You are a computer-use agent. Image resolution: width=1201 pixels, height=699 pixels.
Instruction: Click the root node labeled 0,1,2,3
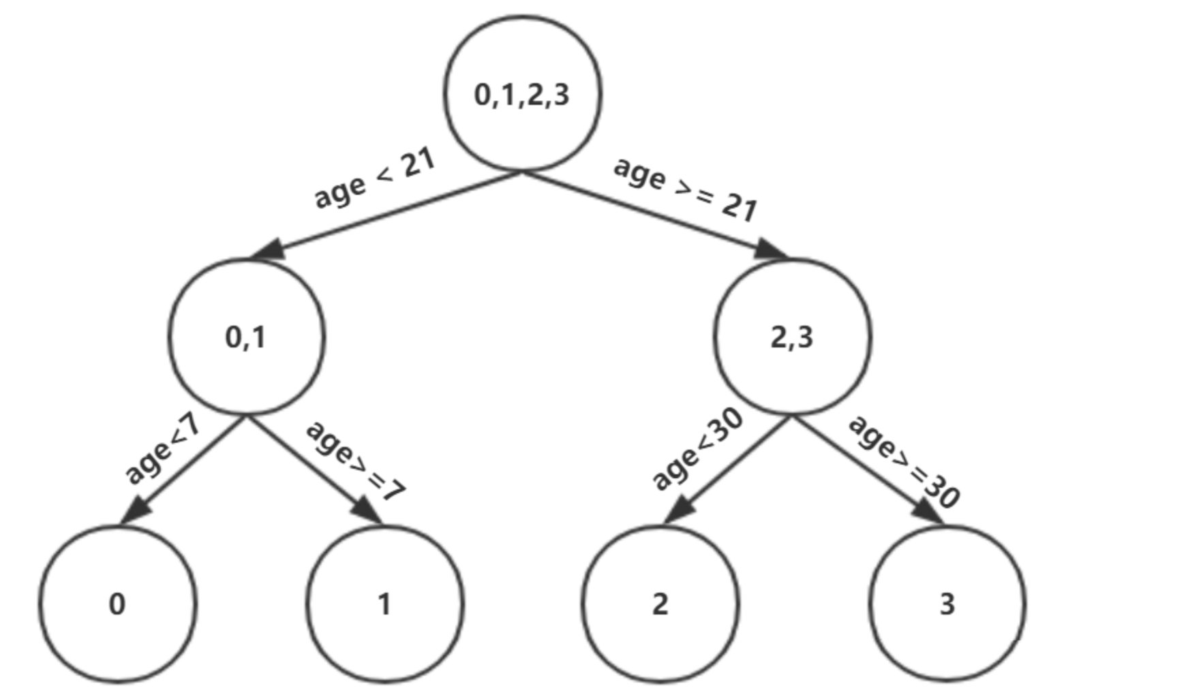[x=523, y=93]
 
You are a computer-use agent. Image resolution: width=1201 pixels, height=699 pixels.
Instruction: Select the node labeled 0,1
[x=247, y=337]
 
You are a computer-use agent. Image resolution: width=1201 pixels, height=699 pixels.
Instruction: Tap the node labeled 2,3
[x=792, y=337]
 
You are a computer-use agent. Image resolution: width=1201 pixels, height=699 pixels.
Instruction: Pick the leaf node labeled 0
[x=117, y=604]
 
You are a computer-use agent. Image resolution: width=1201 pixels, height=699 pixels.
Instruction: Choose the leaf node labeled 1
[x=385, y=604]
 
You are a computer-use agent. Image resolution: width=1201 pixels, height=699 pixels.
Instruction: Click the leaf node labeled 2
[x=660, y=604]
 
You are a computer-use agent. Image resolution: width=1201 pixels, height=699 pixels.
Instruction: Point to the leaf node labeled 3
[x=947, y=604]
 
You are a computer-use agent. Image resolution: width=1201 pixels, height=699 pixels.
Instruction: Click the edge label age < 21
[x=374, y=179]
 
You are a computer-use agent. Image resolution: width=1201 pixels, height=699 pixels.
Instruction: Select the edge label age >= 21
[x=686, y=189]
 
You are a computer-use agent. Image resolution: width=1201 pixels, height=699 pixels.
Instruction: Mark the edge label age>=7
[x=356, y=461]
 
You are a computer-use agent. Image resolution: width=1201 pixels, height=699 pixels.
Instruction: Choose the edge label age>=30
[x=904, y=461]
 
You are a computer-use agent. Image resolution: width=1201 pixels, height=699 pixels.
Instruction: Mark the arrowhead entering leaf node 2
[x=680, y=510]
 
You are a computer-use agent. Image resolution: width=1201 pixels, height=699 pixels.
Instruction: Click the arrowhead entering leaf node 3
[x=927, y=510]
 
